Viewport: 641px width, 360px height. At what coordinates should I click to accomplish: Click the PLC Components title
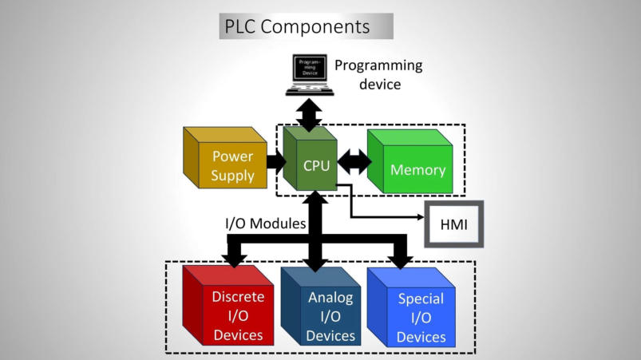tap(307, 26)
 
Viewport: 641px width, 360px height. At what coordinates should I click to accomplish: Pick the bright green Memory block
tap(410, 164)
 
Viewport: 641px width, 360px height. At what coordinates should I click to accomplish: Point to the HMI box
tap(453, 223)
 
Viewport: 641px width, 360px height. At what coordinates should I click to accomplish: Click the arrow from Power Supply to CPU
tap(276, 162)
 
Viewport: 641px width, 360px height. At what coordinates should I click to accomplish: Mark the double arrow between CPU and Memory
tap(353, 161)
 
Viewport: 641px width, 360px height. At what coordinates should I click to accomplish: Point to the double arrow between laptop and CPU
tap(309, 113)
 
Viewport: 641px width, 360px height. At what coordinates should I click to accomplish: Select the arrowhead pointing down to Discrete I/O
tap(235, 258)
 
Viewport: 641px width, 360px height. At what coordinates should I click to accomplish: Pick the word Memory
tap(417, 170)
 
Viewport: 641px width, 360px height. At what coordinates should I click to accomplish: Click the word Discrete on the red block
tap(238, 297)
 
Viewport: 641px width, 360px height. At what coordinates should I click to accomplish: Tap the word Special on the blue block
tap(421, 300)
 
